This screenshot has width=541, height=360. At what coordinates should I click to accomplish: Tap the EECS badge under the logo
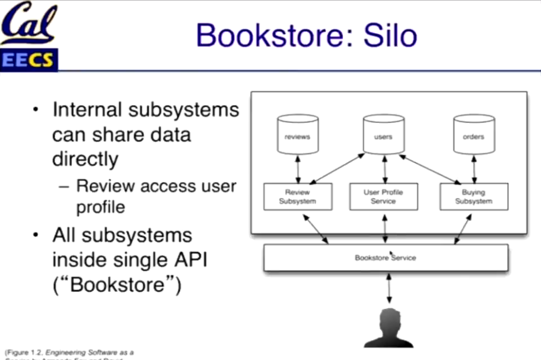[x=28, y=59]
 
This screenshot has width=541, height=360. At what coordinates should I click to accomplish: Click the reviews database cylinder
[x=297, y=135]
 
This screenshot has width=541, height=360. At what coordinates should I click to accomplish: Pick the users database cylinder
[x=383, y=135]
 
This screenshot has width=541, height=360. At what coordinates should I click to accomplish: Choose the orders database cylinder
[x=473, y=135]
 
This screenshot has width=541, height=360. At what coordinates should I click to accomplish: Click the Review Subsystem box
[x=297, y=197]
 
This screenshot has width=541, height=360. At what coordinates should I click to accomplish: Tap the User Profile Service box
[x=383, y=197]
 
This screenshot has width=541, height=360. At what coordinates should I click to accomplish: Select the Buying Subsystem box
[x=473, y=197]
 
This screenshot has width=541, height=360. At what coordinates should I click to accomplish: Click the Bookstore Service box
[x=385, y=257]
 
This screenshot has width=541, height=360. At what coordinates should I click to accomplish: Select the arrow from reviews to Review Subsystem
[x=298, y=169]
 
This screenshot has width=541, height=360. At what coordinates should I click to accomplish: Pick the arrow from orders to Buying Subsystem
[x=473, y=169]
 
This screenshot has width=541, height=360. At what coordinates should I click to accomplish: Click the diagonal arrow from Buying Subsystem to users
[x=429, y=169]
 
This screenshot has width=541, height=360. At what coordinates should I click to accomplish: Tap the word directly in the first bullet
[x=85, y=159]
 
